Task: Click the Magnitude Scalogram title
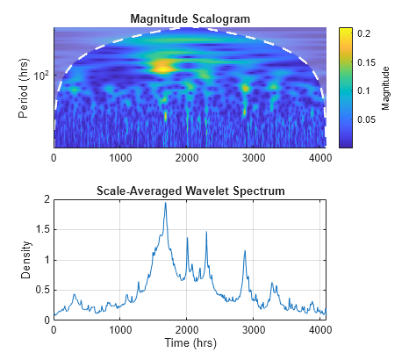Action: point(190,18)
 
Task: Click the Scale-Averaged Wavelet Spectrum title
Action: point(190,191)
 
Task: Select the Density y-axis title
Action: point(26,260)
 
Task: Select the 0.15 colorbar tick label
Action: point(366,61)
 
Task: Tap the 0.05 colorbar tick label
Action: point(366,119)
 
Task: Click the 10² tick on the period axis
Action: point(40,75)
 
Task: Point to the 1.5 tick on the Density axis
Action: point(42,230)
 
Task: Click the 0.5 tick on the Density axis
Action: point(42,291)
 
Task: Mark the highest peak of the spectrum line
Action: point(165,203)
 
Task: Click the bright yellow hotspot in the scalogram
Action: point(162,65)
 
